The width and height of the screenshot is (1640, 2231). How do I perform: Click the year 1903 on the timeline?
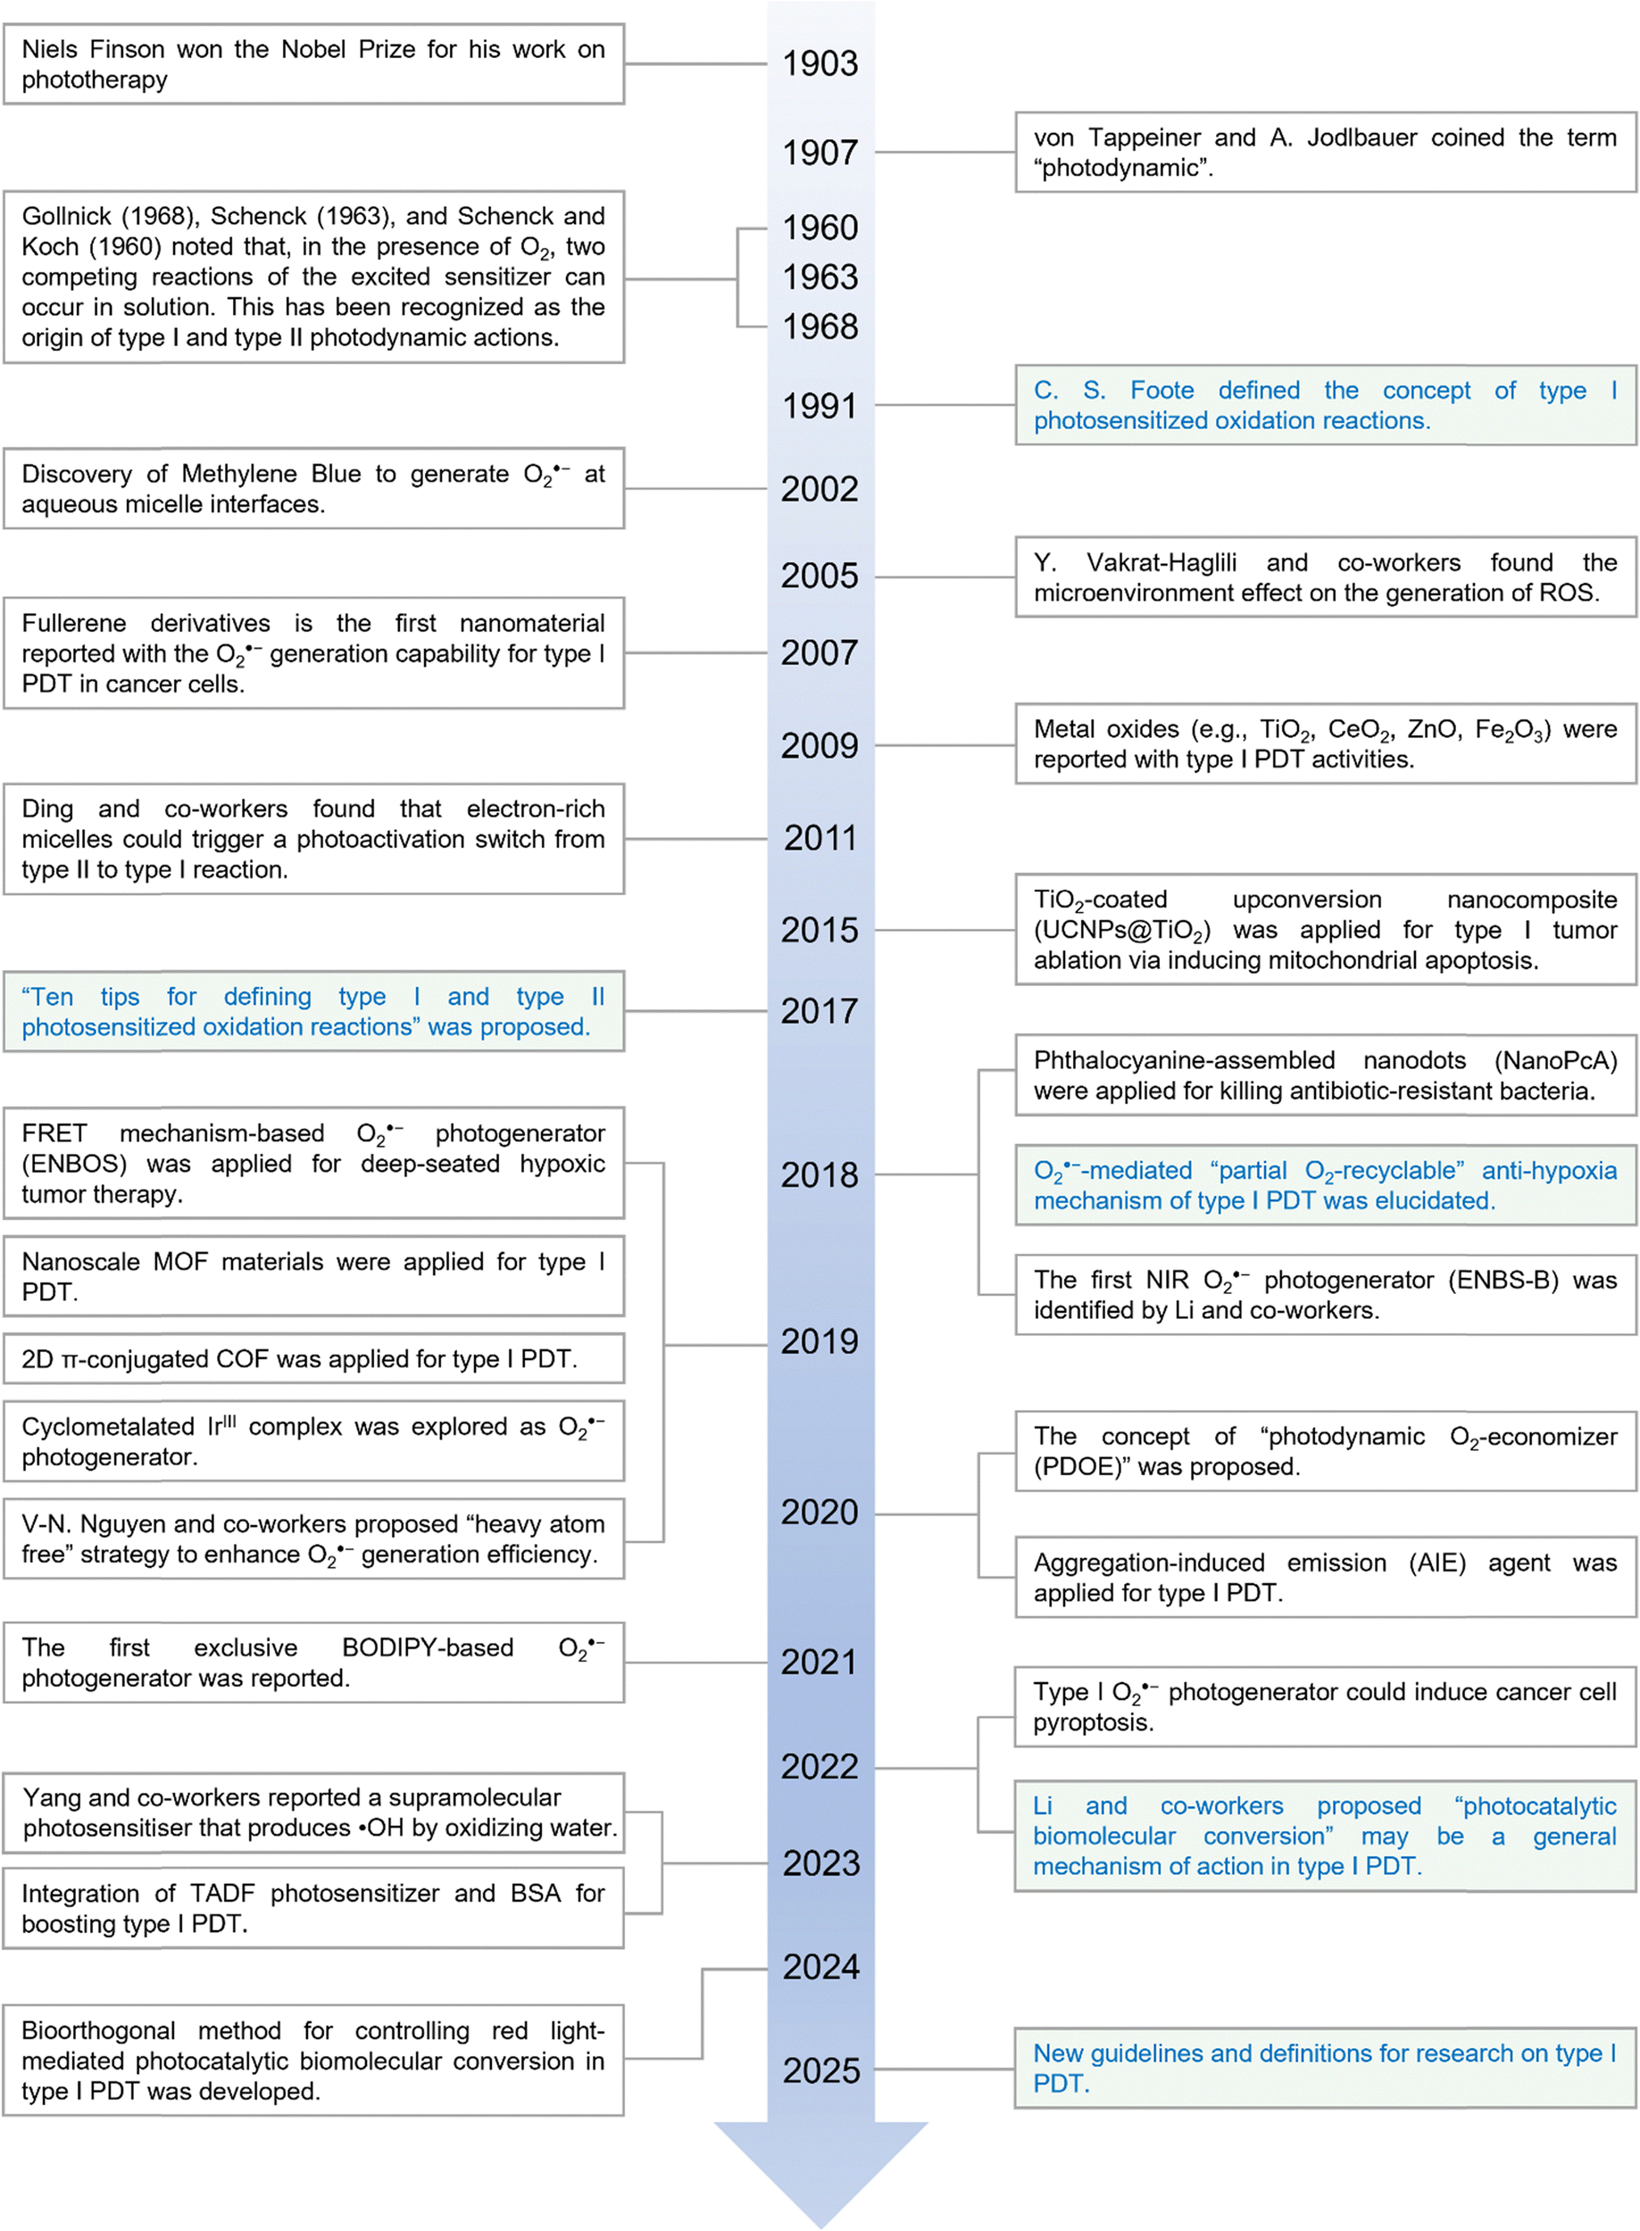click(x=819, y=63)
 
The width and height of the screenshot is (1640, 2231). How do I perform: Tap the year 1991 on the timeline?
click(x=819, y=406)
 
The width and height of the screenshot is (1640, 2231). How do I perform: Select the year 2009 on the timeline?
click(x=819, y=745)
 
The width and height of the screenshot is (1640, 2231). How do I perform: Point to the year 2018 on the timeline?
click(x=819, y=1175)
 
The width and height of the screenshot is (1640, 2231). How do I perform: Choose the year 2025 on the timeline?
click(x=820, y=2070)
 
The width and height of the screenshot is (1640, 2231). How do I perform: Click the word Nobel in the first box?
click(x=313, y=50)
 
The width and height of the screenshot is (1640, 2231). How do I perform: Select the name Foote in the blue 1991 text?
click(x=1161, y=391)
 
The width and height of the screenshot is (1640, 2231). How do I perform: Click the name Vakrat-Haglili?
click(x=1161, y=563)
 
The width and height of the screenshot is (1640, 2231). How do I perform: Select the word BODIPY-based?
click(x=427, y=1647)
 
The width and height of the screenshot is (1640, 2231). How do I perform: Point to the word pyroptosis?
click(x=1092, y=1723)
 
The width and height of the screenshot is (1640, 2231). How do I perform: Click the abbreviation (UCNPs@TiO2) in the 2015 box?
click(x=1120, y=931)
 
